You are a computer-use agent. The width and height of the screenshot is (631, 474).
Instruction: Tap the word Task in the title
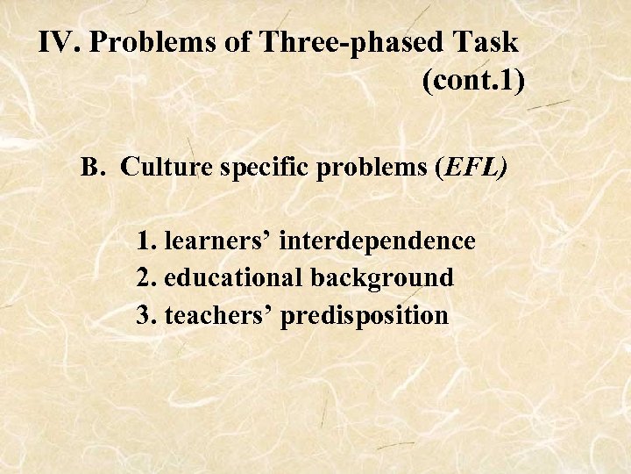tap(487, 43)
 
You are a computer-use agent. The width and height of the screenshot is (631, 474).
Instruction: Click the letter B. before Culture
tap(93, 167)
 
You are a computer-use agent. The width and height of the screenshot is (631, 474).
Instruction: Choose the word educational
tap(231, 277)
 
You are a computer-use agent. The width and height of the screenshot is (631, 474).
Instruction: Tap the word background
tap(380, 278)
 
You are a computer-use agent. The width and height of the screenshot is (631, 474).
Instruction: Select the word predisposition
tap(365, 316)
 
